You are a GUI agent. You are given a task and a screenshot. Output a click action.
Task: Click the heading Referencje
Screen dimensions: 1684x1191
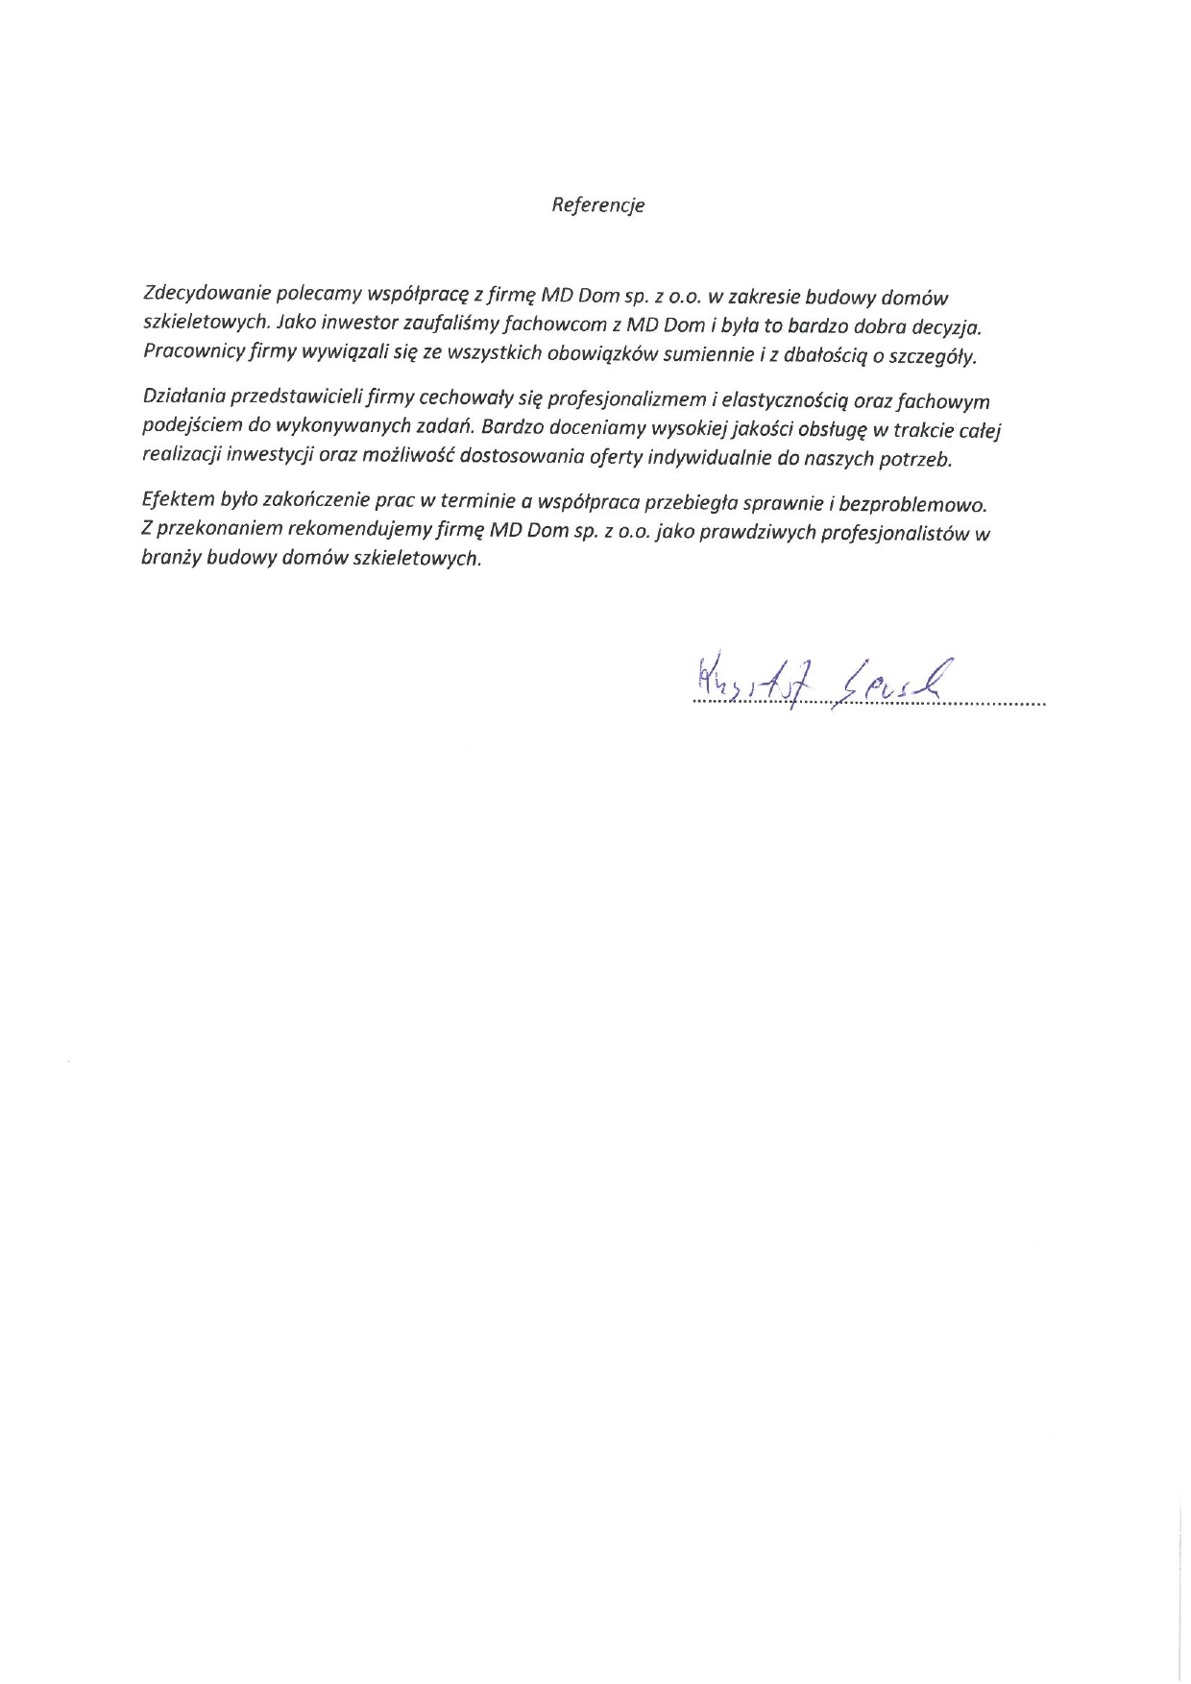tap(597, 205)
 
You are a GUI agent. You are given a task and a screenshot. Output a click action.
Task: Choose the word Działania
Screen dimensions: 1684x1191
tap(182, 396)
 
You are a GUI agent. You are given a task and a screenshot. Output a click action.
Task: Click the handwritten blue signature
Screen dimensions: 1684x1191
tap(811, 682)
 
